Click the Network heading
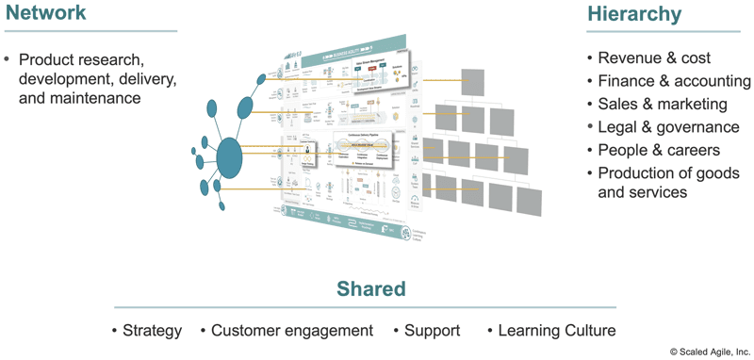point(46,13)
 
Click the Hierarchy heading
point(633,13)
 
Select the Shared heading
point(371,288)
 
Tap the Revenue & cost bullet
point(654,57)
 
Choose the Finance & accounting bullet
point(674,81)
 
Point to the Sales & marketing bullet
point(663,104)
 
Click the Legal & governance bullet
point(668,127)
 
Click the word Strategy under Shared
point(152,331)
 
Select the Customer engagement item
point(291,331)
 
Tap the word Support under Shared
point(432,331)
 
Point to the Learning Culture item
point(557,331)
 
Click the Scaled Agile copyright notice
point(710,352)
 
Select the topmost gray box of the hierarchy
point(472,81)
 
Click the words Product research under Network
point(80,57)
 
